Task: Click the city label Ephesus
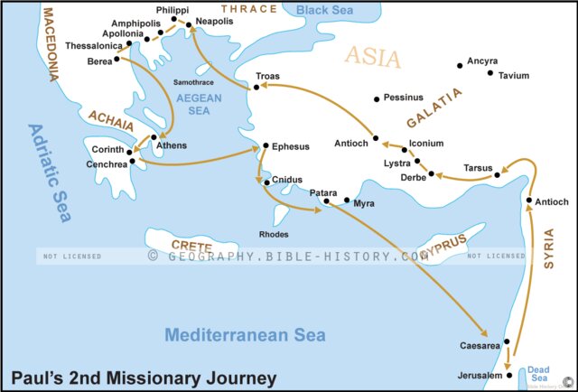click(x=291, y=146)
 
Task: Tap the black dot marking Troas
click(x=257, y=88)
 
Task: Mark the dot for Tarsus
click(x=498, y=175)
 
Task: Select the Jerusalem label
click(x=478, y=375)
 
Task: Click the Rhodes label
click(x=274, y=234)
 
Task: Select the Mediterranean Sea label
click(x=238, y=336)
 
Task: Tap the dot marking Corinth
click(x=130, y=152)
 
